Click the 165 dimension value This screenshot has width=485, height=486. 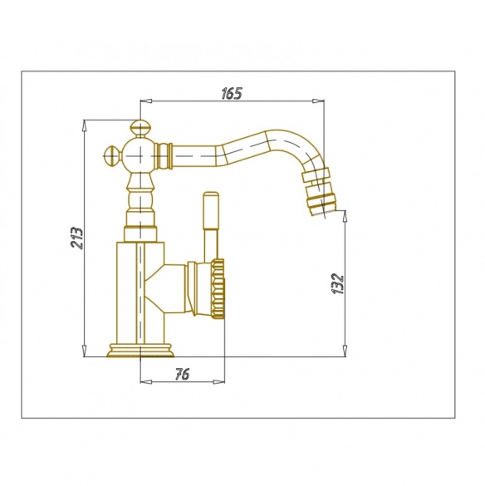(232, 94)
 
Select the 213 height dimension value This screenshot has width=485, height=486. (77, 238)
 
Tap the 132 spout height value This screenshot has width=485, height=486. (337, 283)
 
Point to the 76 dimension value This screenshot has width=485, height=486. (182, 375)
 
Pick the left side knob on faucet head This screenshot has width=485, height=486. (111, 156)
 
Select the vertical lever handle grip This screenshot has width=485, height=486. (211, 210)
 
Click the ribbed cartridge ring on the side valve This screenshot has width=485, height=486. (218, 289)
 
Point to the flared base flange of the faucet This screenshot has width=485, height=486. (140, 351)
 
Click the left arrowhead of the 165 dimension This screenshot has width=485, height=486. (146, 101)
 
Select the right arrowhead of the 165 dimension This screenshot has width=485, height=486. (318, 101)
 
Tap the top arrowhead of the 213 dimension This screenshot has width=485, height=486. (84, 126)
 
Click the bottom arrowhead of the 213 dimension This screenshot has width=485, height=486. (84, 351)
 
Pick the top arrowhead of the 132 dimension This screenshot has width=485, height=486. (345, 216)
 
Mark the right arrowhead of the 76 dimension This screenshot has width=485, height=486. (219, 381)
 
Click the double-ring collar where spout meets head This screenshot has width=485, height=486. (164, 156)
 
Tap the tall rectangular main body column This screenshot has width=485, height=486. (140, 292)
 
